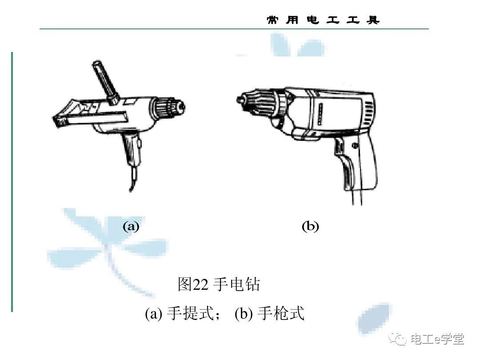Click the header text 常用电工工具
(x=323, y=20)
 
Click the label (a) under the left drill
(x=131, y=227)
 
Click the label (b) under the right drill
(x=310, y=227)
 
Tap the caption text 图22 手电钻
(x=219, y=284)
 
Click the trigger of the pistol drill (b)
(x=340, y=151)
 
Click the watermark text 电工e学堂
(x=437, y=339)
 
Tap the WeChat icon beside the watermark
(x=398, y=339)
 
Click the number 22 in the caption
(x=200, y=285)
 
